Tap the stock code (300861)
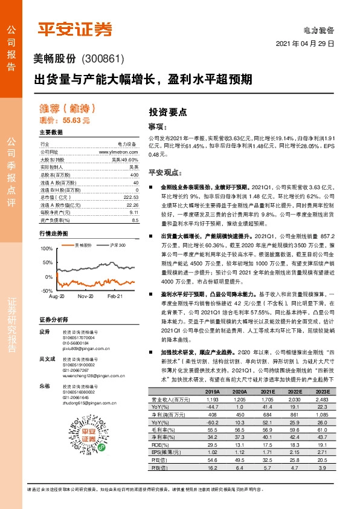point(102,59)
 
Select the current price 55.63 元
point(71,121)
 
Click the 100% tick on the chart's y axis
point(46,248)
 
